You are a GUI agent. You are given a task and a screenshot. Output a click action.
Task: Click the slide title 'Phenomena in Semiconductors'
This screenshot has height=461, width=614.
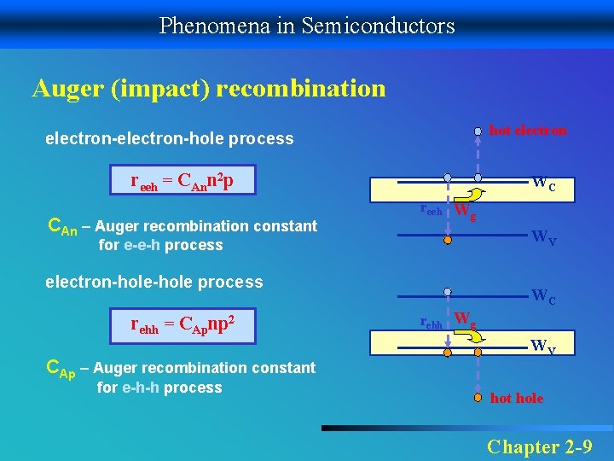coord(307,26)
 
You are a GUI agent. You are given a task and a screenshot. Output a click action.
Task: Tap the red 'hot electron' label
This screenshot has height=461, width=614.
coord(528,131)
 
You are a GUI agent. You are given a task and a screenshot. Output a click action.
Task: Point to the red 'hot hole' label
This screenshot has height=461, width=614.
coord(517,399)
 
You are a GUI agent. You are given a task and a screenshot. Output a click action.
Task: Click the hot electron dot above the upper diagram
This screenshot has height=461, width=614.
coord(478,131)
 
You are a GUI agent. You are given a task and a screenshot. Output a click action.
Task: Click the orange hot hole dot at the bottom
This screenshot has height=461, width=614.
coord(478,396)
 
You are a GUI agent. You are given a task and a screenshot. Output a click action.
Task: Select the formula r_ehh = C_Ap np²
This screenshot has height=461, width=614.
coord(182,324)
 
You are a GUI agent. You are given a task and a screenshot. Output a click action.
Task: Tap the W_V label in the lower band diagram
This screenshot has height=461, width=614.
coord(544,346)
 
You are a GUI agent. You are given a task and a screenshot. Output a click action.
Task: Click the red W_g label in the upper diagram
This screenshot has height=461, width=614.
coord(464,211)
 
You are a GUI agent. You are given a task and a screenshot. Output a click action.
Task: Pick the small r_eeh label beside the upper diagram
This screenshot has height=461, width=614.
coord(431,209)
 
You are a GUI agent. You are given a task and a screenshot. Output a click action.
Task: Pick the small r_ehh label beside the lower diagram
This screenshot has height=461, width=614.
coord(432,323)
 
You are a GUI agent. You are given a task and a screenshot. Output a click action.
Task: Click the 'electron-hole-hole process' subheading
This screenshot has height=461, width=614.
coord(153,282)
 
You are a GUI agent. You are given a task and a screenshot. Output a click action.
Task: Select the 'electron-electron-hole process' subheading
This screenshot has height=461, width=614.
coord(169,138)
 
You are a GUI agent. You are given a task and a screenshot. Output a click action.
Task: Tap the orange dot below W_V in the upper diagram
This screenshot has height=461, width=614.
coord(447,242)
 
